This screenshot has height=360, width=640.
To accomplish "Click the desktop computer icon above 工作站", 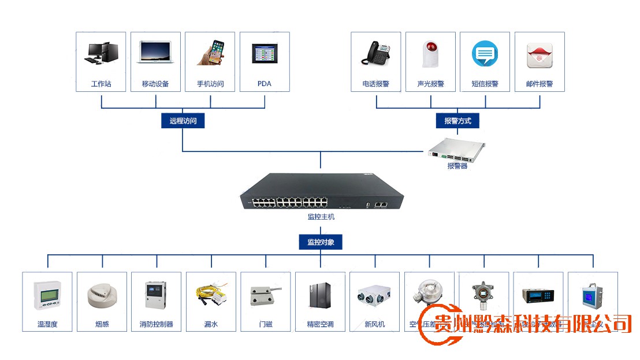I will pyautogui.click(x=102, y=53).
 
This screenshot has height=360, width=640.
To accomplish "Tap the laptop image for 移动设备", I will pyautogui.click(x=155, y=53).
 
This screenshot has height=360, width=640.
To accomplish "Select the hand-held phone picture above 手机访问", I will pyautogui.click(x=210, y=53).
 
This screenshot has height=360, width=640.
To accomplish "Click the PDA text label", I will pyautogui.click(x=264, y=84).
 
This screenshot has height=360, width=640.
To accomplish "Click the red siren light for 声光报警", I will pyautogui.click(x=430, y=54).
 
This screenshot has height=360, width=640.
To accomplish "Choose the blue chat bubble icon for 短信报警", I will pyautogui.click(x=485, y=54).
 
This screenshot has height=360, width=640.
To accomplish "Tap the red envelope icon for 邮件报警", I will pyautogui.click(x=539, y=54).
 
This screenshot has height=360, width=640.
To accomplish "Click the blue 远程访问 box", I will pyautogui.click(x=183, y=121).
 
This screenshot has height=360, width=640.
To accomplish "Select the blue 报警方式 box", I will pyautogui.click(x=457, y=121).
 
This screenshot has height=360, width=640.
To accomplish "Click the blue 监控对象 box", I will pyautogui.click(x=321, y=242).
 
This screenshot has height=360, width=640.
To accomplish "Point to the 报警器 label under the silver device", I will pyautogui.click(x=457, y=166).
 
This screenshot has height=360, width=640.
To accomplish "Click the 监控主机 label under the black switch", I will pyautogui.click(x=321, y=217).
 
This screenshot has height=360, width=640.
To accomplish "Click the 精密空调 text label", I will pyautogui.click(x=320, y=325).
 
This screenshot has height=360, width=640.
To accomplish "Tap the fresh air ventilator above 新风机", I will pyautogui.click(x=374, y=295).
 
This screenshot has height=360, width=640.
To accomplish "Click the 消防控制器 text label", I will pyautogui.click(x=156, y=325).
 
